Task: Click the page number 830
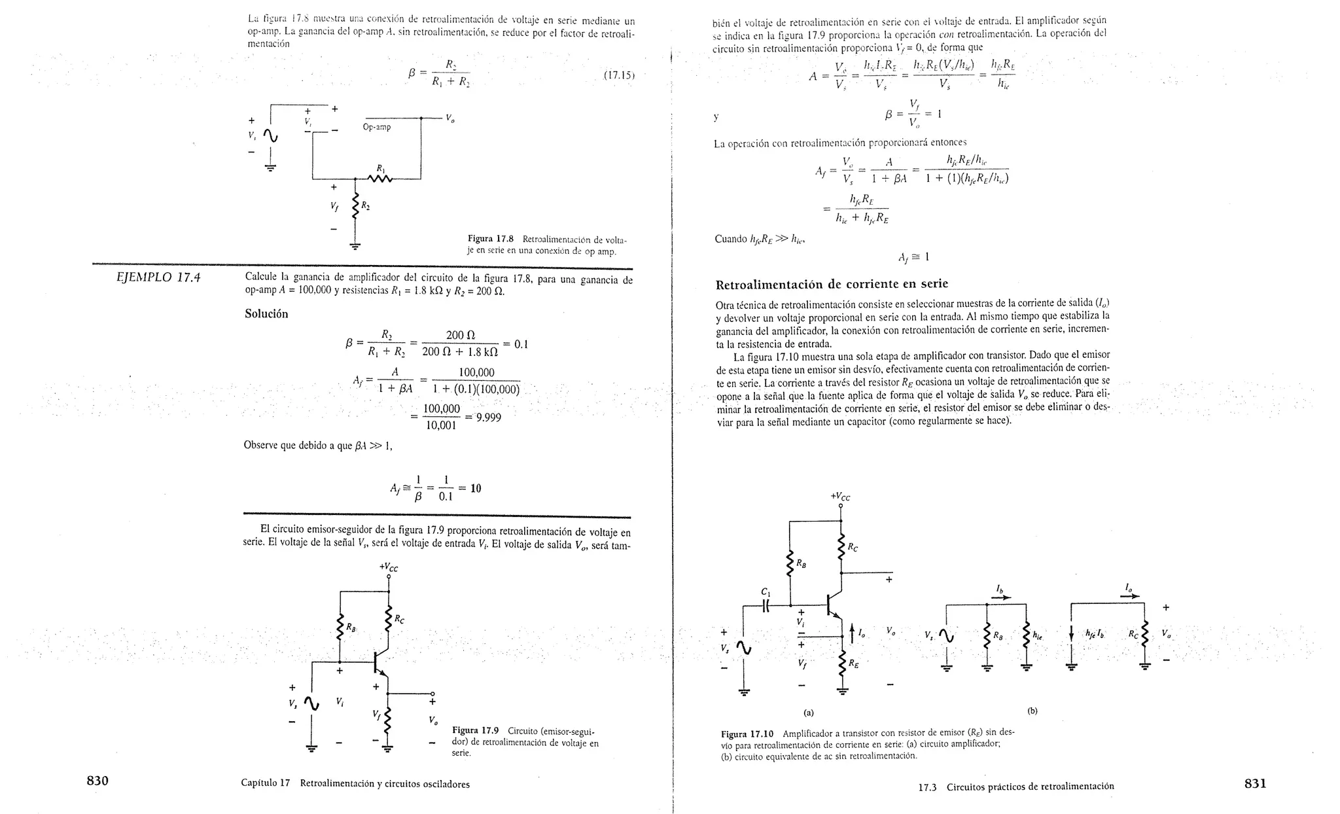coord(97,781)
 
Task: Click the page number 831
coord(1255,783)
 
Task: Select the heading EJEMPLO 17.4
coord(158,277)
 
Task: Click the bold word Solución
coord(266,313)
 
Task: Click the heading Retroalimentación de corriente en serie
coord(832,285)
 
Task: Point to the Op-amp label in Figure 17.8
coord(377,127)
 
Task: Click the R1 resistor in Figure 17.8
coord(380,178)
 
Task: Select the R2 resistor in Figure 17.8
coord(355,207)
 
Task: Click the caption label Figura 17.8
coord(491,239)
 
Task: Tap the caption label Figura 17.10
coord(747,734)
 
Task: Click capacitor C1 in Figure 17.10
coord(766,606)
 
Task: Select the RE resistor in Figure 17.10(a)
coord(842,662)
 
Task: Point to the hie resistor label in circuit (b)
coord(1037,634)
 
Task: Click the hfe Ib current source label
coord(1094,633)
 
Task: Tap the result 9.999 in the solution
coord(488,417)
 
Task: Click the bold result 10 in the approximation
coord(476,488)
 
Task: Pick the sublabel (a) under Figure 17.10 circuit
coord(808,711)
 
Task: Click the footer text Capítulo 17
coord(265,783)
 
